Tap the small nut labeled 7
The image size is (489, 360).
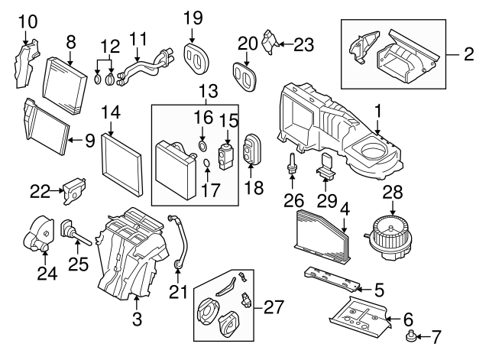412,336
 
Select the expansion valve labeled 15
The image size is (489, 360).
227,149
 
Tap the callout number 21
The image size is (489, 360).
177,290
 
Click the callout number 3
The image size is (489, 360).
137,315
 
